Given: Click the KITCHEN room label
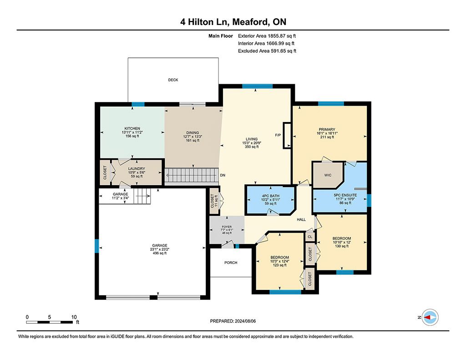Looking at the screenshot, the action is pyautogui.click(x=132, y=128).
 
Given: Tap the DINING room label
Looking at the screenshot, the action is pyautogui.click(x=192, y=132).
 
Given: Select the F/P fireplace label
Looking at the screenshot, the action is pyautogui.click(x=278, y=135).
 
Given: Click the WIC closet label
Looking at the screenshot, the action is pyautogui.click(x=328, y=175).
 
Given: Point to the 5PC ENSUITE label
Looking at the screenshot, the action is pyautogui.click(x=345, y=195).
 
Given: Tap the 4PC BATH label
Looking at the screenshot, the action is pyautogui.click(x=271, y=196).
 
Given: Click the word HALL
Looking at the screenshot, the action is pyautogui.click(x=301, y=220).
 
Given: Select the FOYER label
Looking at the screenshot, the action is pyautogui.click(x=227, y=227).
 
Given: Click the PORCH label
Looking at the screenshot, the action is pyautogui.click(x=231, y=263).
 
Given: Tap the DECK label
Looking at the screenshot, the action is pyautogui.click(x=173, y=80).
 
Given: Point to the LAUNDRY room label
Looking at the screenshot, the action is pyautogui.click(x=137, y=168).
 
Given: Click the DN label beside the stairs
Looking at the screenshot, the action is pyautogui.click(x=223, y=175).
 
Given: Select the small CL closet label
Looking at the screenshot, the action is pyautogui.click(x=310, y=237).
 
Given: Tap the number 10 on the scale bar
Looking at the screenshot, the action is pyautogui.click(x=74, y=317).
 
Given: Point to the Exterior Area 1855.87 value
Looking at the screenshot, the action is pyautogui.click(x=276, y=36).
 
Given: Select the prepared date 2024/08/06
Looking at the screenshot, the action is pyautogui.click(x=245, y=321).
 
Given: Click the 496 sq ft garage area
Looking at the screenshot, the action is pyautogui.click(x=160, y=254).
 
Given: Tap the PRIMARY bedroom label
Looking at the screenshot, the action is pyautogui.click(x=327, y=129).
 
